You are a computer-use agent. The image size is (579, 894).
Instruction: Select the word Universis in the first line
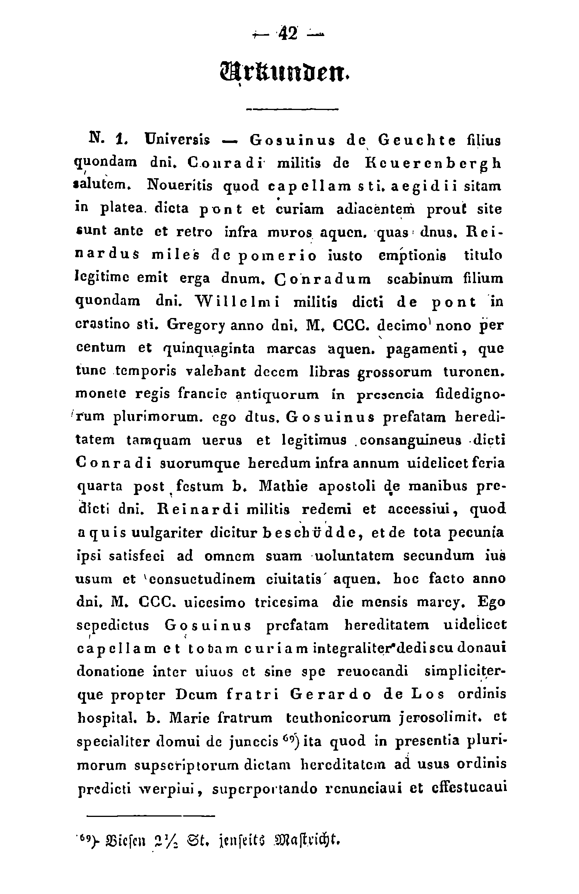(177, 140)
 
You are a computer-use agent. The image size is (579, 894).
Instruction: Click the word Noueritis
(180, 187)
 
